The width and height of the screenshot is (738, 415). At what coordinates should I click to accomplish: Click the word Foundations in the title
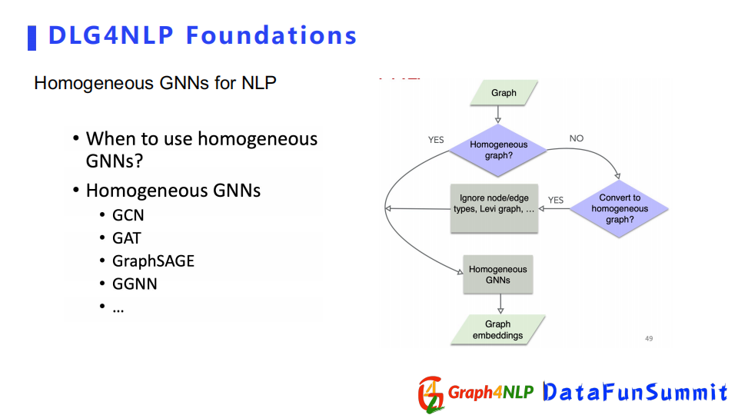[271, 35]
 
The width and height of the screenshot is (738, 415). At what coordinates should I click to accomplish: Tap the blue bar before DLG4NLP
[32, 38]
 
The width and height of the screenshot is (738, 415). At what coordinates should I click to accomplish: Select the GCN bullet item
[128, 215]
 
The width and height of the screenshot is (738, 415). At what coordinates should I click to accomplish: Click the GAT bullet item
[126, 238]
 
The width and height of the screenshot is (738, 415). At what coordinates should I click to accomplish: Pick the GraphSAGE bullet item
[153, 261]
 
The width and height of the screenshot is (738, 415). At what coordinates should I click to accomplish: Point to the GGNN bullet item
[134, 284]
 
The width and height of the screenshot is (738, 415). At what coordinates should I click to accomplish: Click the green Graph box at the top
[504, 93]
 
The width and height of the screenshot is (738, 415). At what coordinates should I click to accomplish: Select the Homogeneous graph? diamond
[498, 150]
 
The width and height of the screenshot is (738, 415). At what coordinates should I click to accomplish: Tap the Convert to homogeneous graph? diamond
[620, 208]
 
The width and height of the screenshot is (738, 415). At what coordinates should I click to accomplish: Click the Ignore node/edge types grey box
[494, 208]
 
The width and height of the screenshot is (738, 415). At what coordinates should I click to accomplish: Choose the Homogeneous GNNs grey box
[498, 274]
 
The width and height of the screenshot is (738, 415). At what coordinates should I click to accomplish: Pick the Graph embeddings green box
[498, 330]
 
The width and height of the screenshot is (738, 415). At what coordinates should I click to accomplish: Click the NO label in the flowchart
[576, 138]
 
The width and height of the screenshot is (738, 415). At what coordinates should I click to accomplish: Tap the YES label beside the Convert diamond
[555, 200]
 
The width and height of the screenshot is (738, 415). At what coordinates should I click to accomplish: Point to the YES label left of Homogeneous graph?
[436, 140]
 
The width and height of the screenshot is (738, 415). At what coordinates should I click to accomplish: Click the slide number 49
[649, 338]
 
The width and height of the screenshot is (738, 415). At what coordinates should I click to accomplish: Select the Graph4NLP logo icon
[430, 394]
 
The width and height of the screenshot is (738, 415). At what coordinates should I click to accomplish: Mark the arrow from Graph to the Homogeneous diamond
[498, 115]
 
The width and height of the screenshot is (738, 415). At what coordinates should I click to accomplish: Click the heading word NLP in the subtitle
[258, 83]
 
